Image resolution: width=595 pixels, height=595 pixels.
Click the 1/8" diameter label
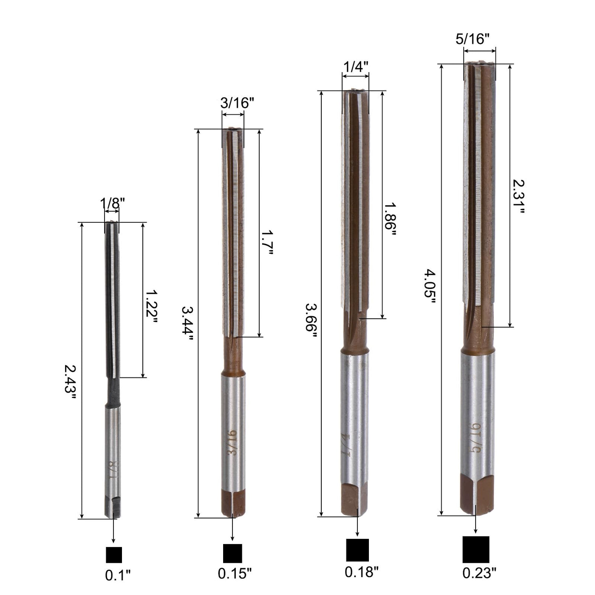[112, 204]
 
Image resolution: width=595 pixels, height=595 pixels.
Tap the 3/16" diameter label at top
[237, 103]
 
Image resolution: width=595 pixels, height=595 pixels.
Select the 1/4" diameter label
[356, 66]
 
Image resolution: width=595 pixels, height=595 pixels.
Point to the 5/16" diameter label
[473, 39]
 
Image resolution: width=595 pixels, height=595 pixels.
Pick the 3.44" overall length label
[187, 323]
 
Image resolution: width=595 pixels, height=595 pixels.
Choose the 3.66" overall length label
[311, 321]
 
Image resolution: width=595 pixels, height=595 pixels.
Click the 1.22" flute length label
[152, 307]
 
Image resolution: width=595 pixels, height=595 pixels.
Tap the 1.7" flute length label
[267, 242]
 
